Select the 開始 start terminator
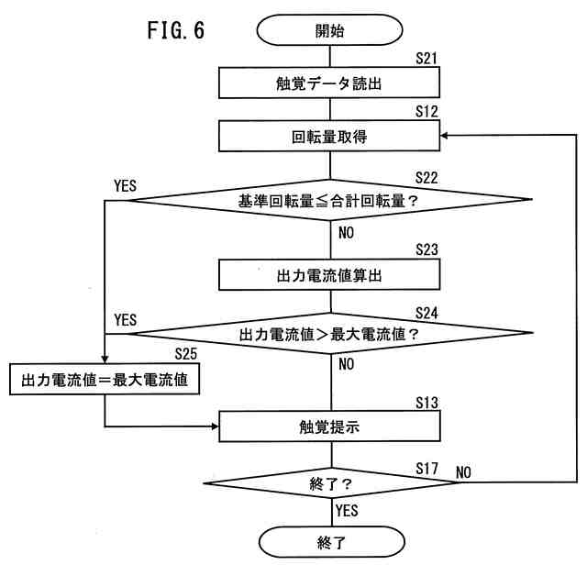pos(329,30)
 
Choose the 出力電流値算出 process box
pos(329,273)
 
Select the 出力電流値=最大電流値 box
pos(104,379)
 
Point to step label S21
pos(426,59)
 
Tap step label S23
pos(426,248)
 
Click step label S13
pos(426,402)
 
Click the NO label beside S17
pos(463,472)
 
